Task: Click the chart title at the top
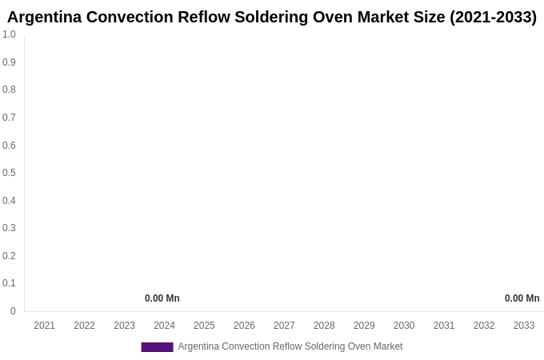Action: tap(272, 17)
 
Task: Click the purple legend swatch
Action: tap(157, 347)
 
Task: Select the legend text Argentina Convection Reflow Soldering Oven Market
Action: tap(290, 346)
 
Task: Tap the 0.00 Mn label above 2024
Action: tap(162, 298)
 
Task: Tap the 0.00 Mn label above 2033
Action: tap(522, 298)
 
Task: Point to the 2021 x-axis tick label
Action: tap(45, 326)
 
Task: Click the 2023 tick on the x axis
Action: tap(125, 326)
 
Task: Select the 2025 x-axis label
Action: tap(204, 326)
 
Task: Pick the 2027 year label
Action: tap(284, 326)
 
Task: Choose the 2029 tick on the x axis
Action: tap(364, 326)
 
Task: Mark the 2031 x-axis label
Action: tap(444, 326)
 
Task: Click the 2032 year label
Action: tap(484, 326)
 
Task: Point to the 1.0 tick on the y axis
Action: tap(9, 34)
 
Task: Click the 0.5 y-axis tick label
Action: tap(9, 173)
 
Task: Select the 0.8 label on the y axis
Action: tap(9, 90)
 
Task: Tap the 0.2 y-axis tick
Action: tap(9, 256)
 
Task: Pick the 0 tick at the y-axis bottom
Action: tap(13, 311)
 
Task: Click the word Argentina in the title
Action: tap(44, 17)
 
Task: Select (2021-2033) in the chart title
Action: tap(493, 17)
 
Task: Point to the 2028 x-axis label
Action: tap(324, 326)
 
